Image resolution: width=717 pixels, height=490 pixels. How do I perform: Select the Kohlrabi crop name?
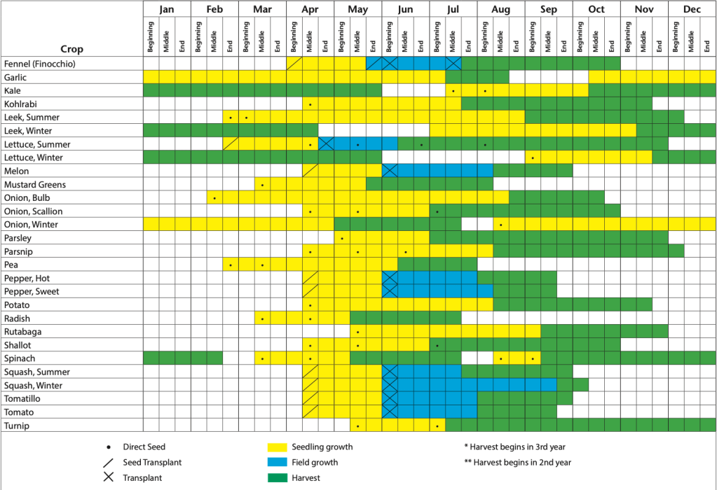(x=22, y=104)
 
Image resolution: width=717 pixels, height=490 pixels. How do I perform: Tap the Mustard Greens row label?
(x=35, y=184)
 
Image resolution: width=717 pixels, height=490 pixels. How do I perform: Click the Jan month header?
(x=167, y=10)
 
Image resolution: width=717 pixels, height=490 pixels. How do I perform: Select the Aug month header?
(x=500, y=10)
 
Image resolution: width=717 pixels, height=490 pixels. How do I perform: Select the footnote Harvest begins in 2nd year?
(x=518, y=462)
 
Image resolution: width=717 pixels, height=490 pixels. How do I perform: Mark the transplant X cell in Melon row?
(x=390, y=171)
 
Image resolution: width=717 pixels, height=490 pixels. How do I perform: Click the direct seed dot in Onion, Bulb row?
(x=214, y=198)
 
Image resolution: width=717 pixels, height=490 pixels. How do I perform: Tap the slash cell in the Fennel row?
(x=294, y=64)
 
